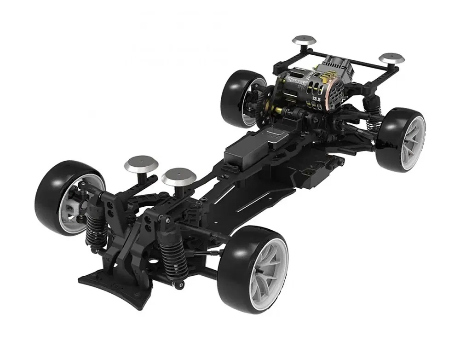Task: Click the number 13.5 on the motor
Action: click(316, 98)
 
